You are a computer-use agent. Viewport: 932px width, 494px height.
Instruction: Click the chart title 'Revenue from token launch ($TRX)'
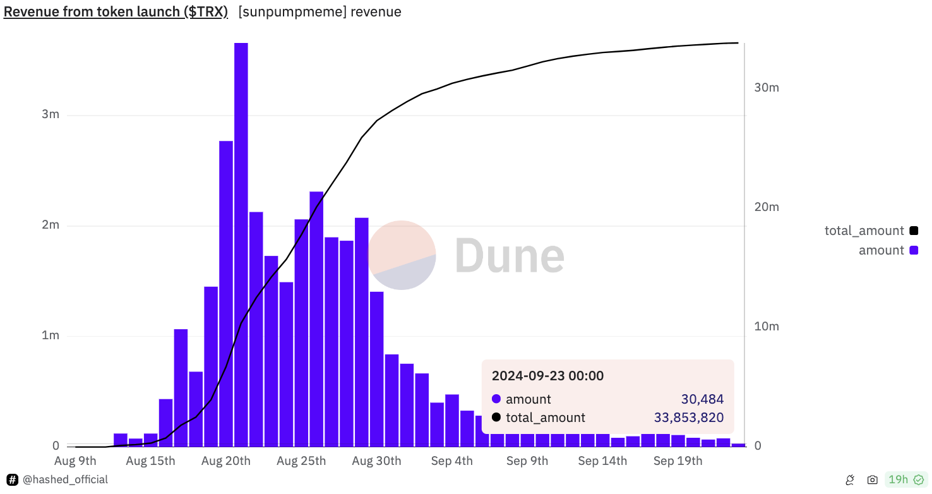coord(116,12)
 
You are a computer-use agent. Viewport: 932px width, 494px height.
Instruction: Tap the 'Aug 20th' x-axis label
coord(226,461)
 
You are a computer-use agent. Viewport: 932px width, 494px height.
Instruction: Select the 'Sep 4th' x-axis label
coord(451,461)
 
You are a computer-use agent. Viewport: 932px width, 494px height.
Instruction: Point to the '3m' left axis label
coord(51,114)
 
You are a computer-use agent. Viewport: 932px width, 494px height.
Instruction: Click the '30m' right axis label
coord(767,88)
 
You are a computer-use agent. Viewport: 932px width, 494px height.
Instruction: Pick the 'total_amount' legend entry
coord(864,231)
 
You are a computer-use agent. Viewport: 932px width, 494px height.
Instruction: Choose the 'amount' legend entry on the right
coord(881,250)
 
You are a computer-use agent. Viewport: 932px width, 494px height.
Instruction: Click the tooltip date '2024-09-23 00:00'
coord(547,376)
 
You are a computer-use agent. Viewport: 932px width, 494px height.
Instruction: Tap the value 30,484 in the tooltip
coord(702,399)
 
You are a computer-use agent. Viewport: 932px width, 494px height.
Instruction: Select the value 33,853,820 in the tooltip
coord(688,418)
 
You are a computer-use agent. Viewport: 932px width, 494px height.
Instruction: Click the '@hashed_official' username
coord(65,480)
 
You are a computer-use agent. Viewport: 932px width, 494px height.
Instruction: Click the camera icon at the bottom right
coord(872,480)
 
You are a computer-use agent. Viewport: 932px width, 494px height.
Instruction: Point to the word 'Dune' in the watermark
coord(509,255)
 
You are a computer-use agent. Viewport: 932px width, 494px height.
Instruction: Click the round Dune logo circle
coord(402,255)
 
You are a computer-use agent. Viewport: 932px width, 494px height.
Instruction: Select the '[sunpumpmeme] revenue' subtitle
coord(320,12)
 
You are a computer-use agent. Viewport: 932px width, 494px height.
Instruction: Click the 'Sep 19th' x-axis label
coord(678,461)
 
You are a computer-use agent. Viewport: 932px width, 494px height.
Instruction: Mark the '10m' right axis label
coord(767,327)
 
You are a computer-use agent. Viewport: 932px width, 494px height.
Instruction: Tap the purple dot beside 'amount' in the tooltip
coord(496,399)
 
